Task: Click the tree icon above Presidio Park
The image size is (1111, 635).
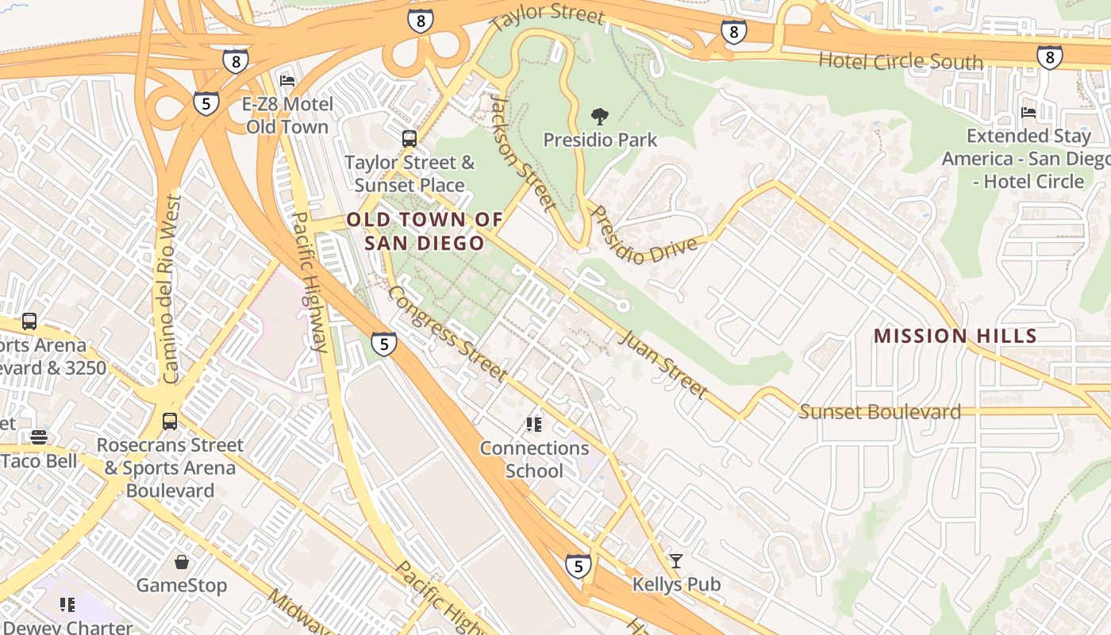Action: coord(601,117)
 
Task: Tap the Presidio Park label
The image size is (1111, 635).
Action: coord(600,140)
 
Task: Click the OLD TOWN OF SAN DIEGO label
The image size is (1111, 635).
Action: coord(425,231)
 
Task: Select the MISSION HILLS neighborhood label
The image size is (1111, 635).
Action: coord(955,336)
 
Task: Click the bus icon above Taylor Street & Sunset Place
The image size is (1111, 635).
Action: coord(409,139)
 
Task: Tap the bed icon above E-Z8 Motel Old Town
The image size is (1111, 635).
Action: coord(287,81)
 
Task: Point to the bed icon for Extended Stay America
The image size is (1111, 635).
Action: coord(1028,113)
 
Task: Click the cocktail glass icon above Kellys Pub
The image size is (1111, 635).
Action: coord(675,561)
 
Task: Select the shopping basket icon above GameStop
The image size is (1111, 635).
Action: coord(182,563)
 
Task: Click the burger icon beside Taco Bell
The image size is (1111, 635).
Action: coord(38,437)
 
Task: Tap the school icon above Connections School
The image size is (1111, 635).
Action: coord(534,425)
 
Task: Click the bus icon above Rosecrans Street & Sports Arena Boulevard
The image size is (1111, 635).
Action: coord(170,421)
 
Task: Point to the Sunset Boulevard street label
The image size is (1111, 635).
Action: coord(879,412)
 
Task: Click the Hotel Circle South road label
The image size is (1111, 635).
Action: coord(900,61)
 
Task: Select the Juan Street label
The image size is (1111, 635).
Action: coord(661,364)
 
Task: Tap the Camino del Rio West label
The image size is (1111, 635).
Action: coord(169,290)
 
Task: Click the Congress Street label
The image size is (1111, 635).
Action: coord(446,333)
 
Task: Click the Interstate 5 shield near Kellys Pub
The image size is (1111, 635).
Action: coord(579,566)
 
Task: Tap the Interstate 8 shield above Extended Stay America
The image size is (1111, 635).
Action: coord(1049,57)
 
